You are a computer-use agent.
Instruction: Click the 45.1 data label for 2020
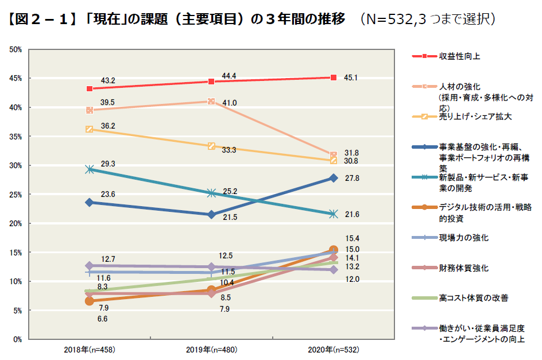[x=351, y=78]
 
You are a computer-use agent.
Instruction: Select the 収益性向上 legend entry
[x=459, y=56]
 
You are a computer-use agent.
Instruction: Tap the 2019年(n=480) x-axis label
[x=211, y=349]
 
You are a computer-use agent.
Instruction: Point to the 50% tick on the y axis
[x=16, y=49]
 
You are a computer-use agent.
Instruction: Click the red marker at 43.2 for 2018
[x=90, y=88]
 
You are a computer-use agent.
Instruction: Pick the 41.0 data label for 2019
[x=230, y=103]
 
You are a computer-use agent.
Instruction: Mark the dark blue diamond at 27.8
[x=333, y=178]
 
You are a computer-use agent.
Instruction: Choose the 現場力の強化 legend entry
[x=464, y=237]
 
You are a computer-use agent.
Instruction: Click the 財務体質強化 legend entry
[x=464, y=268]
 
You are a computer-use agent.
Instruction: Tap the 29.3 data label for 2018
[x=108, y=164]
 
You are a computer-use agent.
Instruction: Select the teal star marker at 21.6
[x=333, y=214]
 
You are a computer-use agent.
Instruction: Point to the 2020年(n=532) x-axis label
[x=333, y=349]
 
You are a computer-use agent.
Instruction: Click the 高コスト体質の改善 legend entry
[x=473, y=298]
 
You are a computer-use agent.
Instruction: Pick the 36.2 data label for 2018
[x=108, y=126]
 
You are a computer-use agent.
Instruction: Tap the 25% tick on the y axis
[x=16, y=195]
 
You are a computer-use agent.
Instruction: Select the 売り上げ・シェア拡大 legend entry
[x=475, y=116]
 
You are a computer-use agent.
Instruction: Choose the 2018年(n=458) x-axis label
[x=90, y=349]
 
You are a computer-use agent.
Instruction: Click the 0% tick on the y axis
[x=18, y=339]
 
